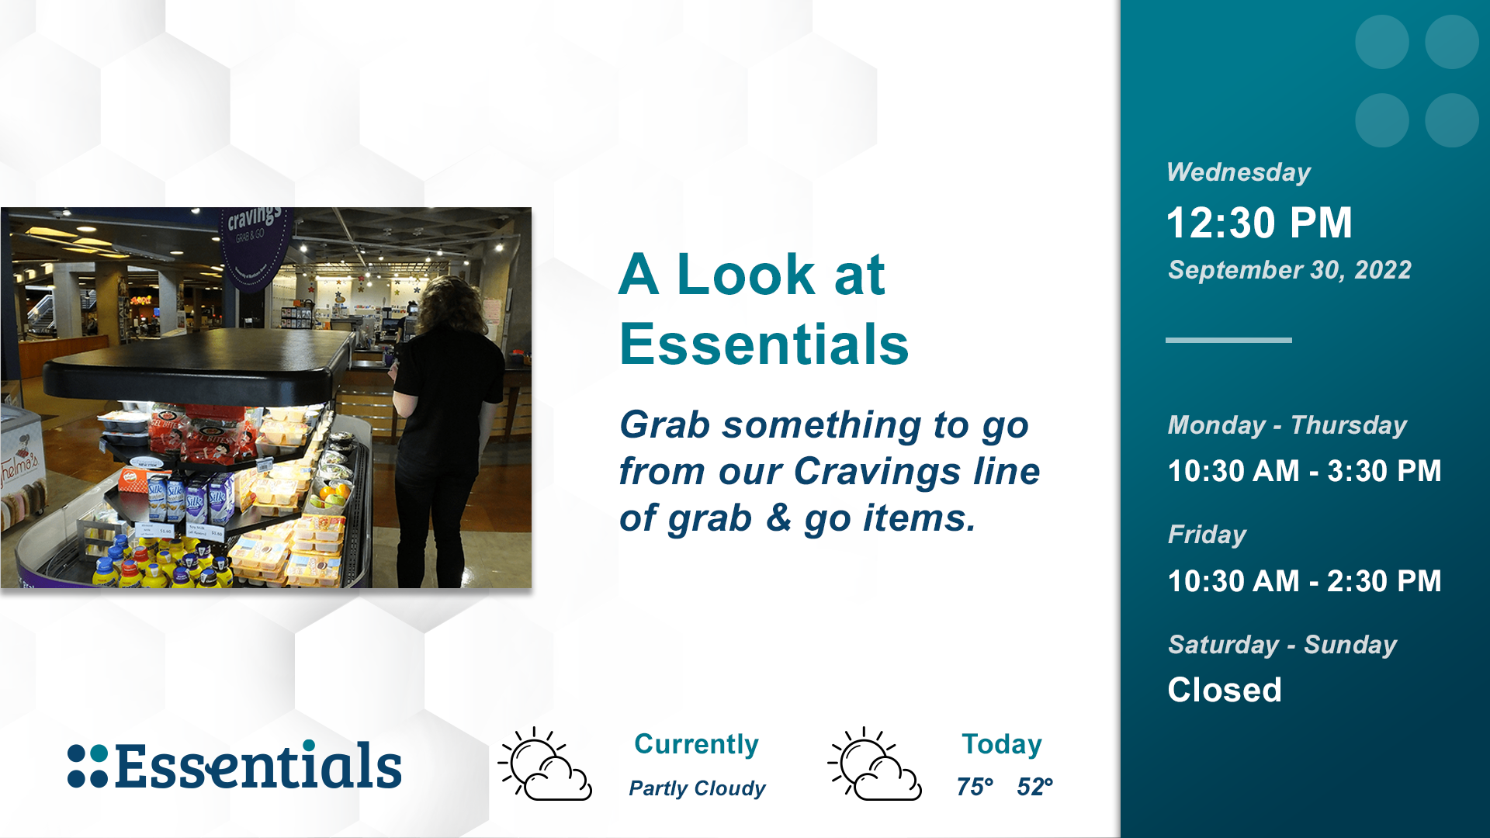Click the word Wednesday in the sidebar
pyautogui.click(x=1239, y=172)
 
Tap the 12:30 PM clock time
pyautogui.click(x=1259, y=223)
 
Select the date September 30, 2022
pyautogui.click(x=1289, y=270)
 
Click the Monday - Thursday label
pyautogui.click(x=1287, y=425)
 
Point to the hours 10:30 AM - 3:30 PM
pyautogui.click(x=1305, y=471)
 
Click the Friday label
pyautogui.click(x=1207, y=535)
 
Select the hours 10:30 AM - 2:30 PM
pyautogui.click(x=1305, y=581)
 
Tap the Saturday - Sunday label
pyautogui.click(x=1282, y=645)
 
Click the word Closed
pyautogui.click(x=1225, y=690)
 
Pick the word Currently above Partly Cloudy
pyautogui.click(x=696, y=744)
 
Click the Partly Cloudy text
pyautogui.click(x=697, y=788)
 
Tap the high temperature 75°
pyautogui.click(x=975, y=787)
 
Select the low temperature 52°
pyautogui.click(x=1034, y=787)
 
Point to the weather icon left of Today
pyautogui.click(x=875, y=764)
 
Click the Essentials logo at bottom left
pyautogui.click(x=234, y=765)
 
